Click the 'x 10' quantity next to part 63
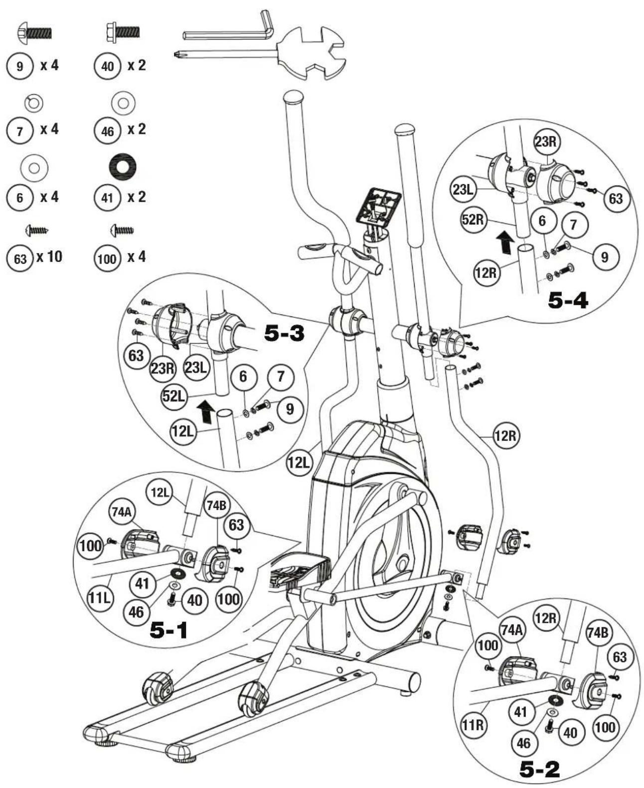point(49,257)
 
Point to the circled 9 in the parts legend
point(20,66)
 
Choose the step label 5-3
point(284,333)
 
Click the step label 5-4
point(568,300)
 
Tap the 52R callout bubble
point(473,219)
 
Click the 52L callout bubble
point(174,396)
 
